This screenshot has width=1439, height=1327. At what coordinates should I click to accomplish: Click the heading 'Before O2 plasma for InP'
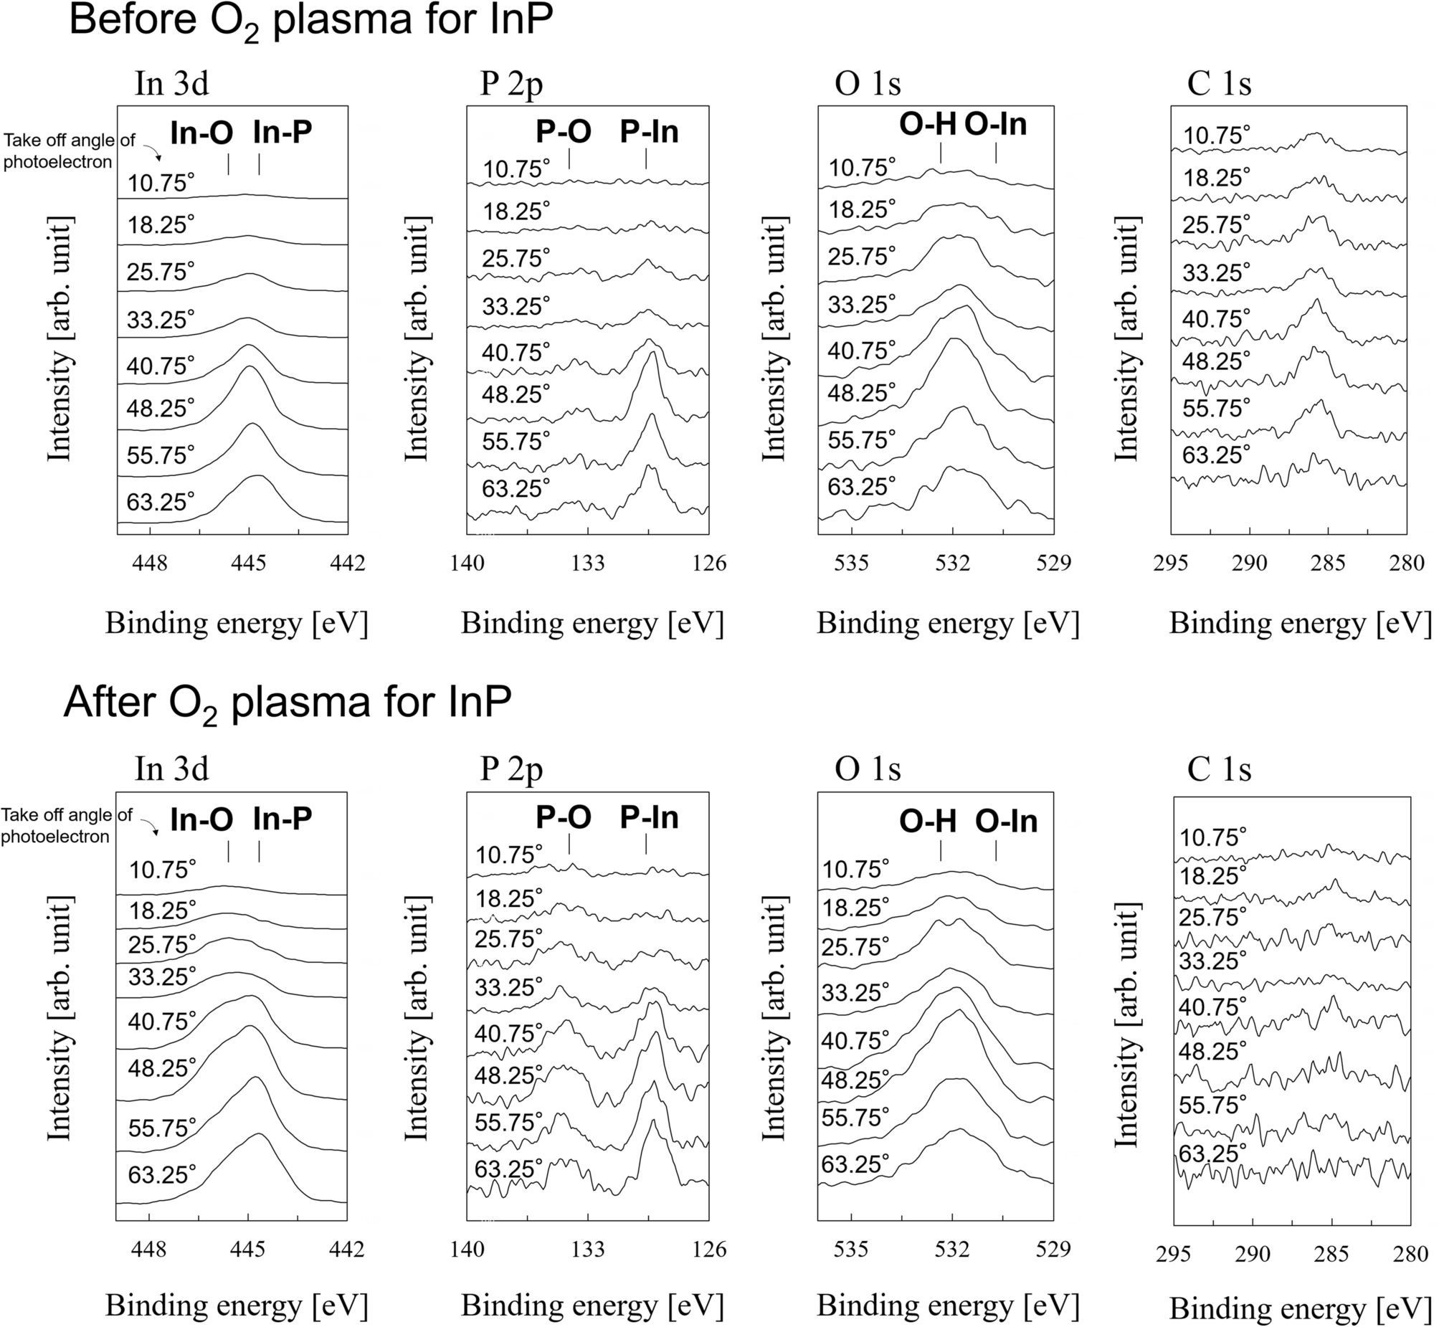[x=311, y=22]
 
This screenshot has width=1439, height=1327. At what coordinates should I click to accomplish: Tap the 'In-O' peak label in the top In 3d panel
[x=201, y=132]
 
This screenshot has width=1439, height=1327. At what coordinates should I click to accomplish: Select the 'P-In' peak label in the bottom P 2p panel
[x=649, y=817]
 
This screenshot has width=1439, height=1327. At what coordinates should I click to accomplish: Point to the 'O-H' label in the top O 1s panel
[x=927, y=125]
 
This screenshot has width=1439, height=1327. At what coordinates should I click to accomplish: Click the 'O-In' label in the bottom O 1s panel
[x=1005, y=821]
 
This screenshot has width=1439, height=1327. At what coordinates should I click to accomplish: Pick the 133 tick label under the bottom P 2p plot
[x=587, y=1250]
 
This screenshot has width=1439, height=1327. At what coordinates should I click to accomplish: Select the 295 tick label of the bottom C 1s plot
[x=1173, y=1254]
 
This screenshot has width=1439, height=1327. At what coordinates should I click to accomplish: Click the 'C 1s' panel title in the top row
[x=1220, y=84]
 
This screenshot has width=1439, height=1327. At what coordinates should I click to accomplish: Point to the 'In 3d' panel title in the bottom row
[x=171, y=769]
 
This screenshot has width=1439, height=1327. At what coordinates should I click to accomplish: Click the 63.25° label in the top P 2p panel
[x=516, y=488]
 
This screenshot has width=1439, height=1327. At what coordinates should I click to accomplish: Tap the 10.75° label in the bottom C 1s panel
[x=1213, y=837]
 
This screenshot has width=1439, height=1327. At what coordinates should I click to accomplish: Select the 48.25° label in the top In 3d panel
[x=160, y=409]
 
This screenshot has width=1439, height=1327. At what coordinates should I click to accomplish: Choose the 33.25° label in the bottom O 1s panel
[x=855, y=992]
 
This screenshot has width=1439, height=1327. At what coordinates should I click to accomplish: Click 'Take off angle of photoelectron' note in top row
[x=68, y=151]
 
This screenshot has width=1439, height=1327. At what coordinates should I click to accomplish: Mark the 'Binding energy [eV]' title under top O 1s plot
[x=948, y=622]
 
